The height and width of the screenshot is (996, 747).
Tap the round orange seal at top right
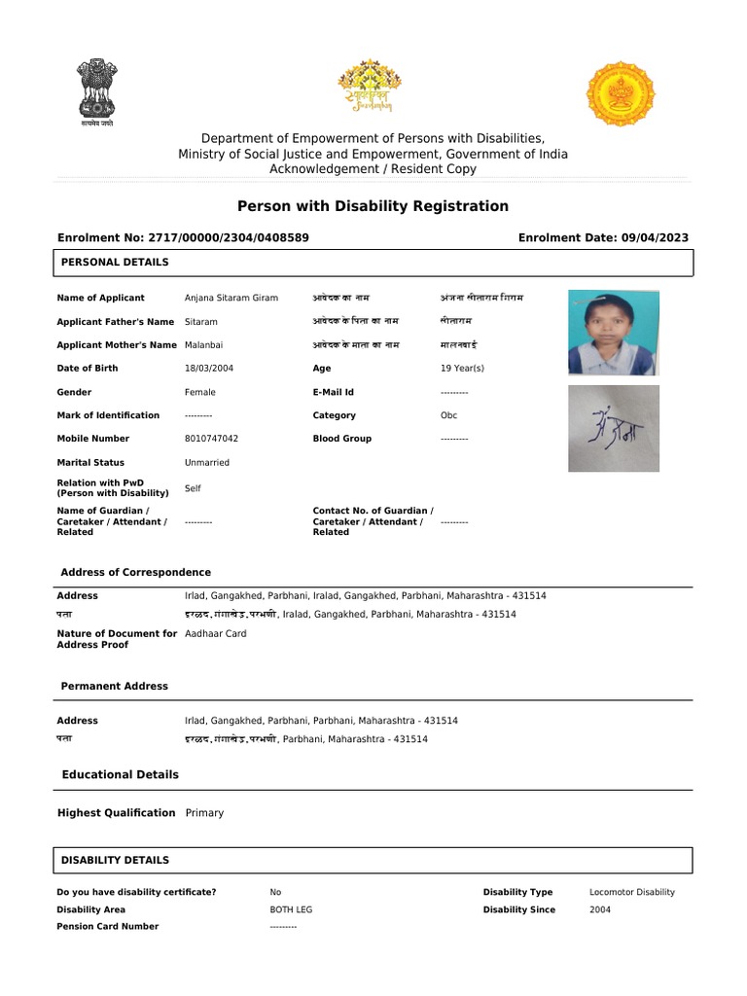coord(620,93)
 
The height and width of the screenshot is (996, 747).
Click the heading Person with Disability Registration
coord(373,206)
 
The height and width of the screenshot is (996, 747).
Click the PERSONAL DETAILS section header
coord(115,263)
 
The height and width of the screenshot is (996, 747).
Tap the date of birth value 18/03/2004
coord(209,369)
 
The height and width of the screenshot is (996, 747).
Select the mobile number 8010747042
coord(211,439)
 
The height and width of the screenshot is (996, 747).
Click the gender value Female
coord(200,392)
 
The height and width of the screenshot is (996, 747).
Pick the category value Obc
coord(448,415)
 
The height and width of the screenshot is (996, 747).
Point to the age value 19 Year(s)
coord(462,369)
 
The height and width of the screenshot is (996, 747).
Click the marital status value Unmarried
coord(207,463)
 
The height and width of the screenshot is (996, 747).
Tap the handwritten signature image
coord(613,429)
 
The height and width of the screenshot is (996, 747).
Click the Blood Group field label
coord(341,439)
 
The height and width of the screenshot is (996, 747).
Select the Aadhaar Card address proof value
coord(215,633)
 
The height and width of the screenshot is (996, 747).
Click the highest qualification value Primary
coord(204,813)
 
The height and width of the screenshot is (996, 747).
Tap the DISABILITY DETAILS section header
coord(115,860)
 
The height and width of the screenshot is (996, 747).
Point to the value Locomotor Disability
coord(631,892)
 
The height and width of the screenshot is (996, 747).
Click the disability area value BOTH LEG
coord(291,909)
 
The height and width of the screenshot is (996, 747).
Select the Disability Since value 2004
coord(601,909)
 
